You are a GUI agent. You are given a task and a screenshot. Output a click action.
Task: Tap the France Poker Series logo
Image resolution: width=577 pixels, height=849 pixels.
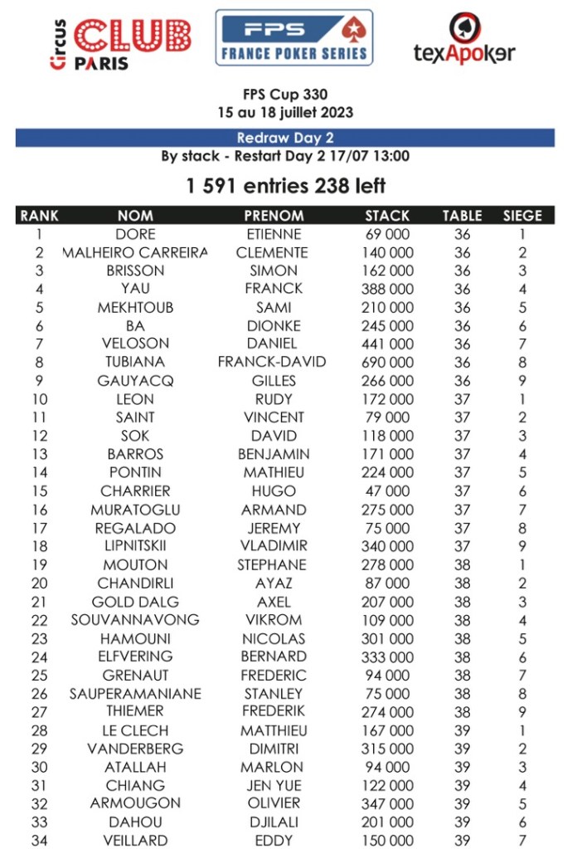[x=293, y=37]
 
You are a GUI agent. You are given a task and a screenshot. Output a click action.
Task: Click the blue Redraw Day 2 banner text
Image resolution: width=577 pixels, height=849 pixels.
[x=284, y=138]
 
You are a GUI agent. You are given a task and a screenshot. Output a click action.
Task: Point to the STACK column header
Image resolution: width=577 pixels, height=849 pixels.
[x=387, y=216]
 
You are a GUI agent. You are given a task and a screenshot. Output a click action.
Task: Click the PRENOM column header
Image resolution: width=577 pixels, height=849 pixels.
[x=274, y=216]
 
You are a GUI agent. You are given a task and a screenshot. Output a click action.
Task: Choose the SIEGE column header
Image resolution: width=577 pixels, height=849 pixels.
[x=522, y=216]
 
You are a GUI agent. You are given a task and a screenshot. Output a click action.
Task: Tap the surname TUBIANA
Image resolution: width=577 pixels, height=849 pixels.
[x=135, y=362]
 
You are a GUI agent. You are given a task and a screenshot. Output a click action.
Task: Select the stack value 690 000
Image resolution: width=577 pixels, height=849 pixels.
[x=387, y=362]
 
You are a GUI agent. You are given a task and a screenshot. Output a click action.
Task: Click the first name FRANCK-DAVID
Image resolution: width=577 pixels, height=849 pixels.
[x=272, y=362]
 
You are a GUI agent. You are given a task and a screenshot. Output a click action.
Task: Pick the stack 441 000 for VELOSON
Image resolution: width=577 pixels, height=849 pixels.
[x=387, y=344]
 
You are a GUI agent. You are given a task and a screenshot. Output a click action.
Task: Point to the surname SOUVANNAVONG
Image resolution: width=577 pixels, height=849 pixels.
[x=135, y=620]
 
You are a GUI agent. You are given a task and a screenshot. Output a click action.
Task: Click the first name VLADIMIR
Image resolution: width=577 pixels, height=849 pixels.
[x=274, y=546]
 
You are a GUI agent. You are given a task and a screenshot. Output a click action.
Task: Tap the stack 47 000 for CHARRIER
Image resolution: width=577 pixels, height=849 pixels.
[x=387, y=490]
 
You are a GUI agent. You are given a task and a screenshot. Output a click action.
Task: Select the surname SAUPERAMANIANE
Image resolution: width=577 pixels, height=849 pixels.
[x=135, y=694]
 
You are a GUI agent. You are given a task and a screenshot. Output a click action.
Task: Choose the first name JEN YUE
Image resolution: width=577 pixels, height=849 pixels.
[x=274, y=785]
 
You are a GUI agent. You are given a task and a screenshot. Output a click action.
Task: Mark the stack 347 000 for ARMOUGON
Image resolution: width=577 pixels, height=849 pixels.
[x=387, y=803]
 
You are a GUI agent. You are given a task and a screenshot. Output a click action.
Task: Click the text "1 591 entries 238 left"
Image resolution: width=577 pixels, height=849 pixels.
[x=285, y=186]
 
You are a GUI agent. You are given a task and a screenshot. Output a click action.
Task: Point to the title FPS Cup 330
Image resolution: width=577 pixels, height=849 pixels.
[x=285, y=95]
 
